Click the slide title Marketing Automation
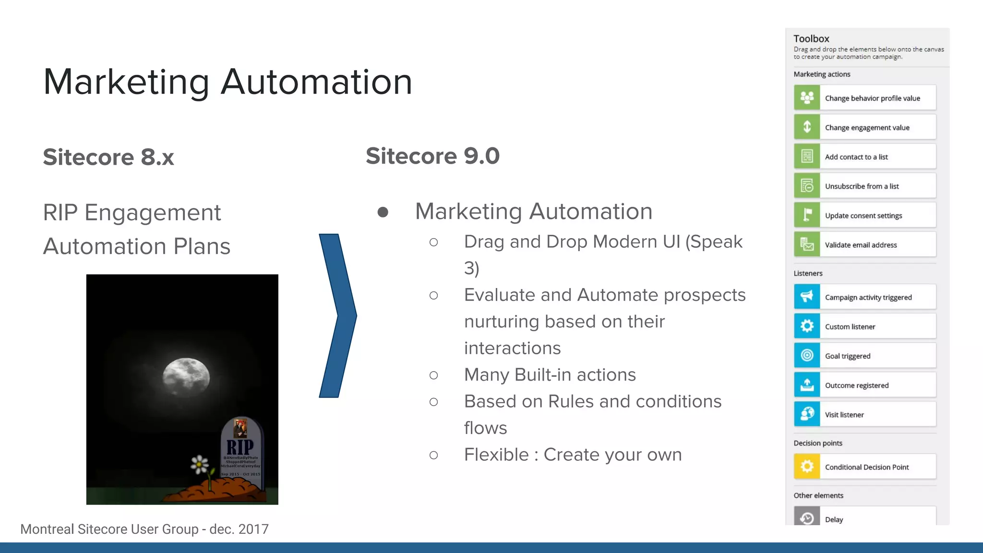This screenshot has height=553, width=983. point(228,82)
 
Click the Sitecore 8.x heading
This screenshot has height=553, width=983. point(108,157)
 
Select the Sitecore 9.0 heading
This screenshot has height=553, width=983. point(432,156)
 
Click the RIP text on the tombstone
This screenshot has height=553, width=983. point(240,447)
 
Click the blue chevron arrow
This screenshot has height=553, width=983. point(337,315)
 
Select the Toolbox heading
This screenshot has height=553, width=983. point(811,39)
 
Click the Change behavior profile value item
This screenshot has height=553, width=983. point(872,98)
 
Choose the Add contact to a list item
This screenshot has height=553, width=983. point(856,157)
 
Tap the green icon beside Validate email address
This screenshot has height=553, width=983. point(807,244)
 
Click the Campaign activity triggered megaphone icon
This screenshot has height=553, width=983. point(807,297)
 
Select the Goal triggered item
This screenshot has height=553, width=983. point(848,356)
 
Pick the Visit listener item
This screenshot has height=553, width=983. point(844,415)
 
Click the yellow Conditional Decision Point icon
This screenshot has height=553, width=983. point(807,467)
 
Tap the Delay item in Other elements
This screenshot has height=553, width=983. point(834,519)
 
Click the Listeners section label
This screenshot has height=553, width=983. point(808,273)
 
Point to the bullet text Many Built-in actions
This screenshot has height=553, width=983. point(550,375)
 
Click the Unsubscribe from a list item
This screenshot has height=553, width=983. point(862,186)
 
